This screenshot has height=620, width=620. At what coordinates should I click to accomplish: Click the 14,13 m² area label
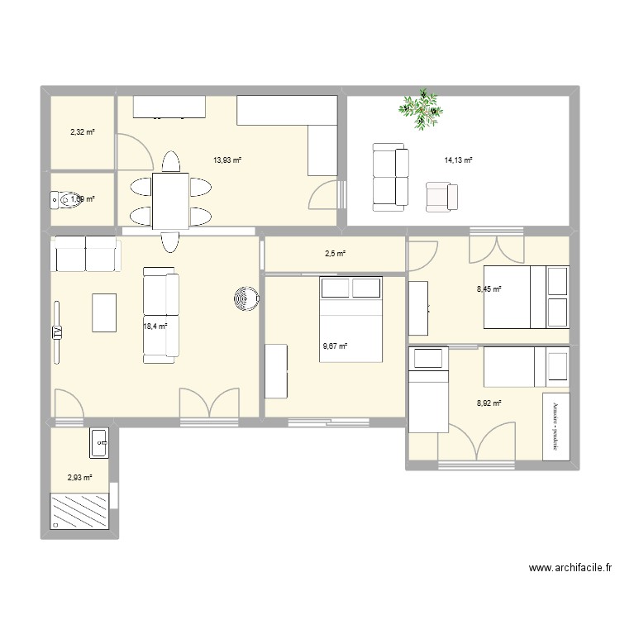coord(458,160)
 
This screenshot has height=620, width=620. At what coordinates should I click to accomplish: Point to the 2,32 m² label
coord(81,131)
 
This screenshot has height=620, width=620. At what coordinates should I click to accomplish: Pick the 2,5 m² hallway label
coord(335,254)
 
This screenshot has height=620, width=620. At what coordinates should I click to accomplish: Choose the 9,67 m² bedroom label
coord(335,346)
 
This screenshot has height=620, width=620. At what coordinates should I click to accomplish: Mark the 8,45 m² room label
coord(489,289)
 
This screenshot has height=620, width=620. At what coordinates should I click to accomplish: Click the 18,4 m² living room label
coord(155,327)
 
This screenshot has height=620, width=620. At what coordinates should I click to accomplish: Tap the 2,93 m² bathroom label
coord(80,477)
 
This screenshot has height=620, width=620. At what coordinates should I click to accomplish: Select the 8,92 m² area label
coord(489,403)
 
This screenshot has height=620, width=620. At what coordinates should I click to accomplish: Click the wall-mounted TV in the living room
coord(58,331)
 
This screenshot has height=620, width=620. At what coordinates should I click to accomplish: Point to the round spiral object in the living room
coord(245,298)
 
